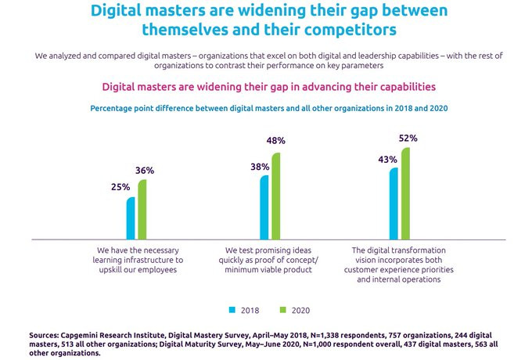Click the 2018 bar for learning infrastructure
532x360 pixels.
131,218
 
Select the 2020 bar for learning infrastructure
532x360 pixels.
142,209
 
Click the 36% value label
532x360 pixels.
146,171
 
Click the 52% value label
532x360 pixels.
408,138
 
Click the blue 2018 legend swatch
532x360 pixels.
232,309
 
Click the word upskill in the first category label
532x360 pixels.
103,269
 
